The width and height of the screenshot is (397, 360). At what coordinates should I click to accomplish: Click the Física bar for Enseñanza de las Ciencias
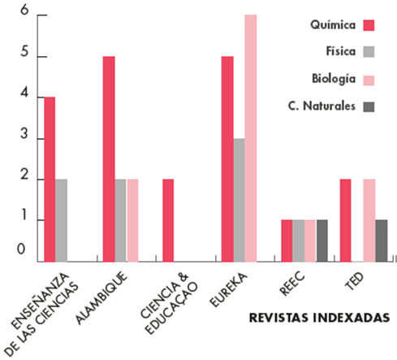point(61,220)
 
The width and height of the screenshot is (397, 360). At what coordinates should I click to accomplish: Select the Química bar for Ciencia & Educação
point(168,220)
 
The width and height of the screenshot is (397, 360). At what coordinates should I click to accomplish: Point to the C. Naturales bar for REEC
point(322,241)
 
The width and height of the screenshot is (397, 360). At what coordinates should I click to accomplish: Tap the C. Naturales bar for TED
point(382,241)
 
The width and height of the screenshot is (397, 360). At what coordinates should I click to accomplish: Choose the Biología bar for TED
point(369,220)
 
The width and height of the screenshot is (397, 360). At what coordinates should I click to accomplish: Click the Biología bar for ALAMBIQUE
point(132,220)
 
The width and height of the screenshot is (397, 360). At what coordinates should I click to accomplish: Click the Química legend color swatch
point(369,25)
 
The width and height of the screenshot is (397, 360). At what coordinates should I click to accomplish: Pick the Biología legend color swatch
point(369,80)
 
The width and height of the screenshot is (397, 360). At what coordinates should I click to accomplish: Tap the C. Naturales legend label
point(321,106)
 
